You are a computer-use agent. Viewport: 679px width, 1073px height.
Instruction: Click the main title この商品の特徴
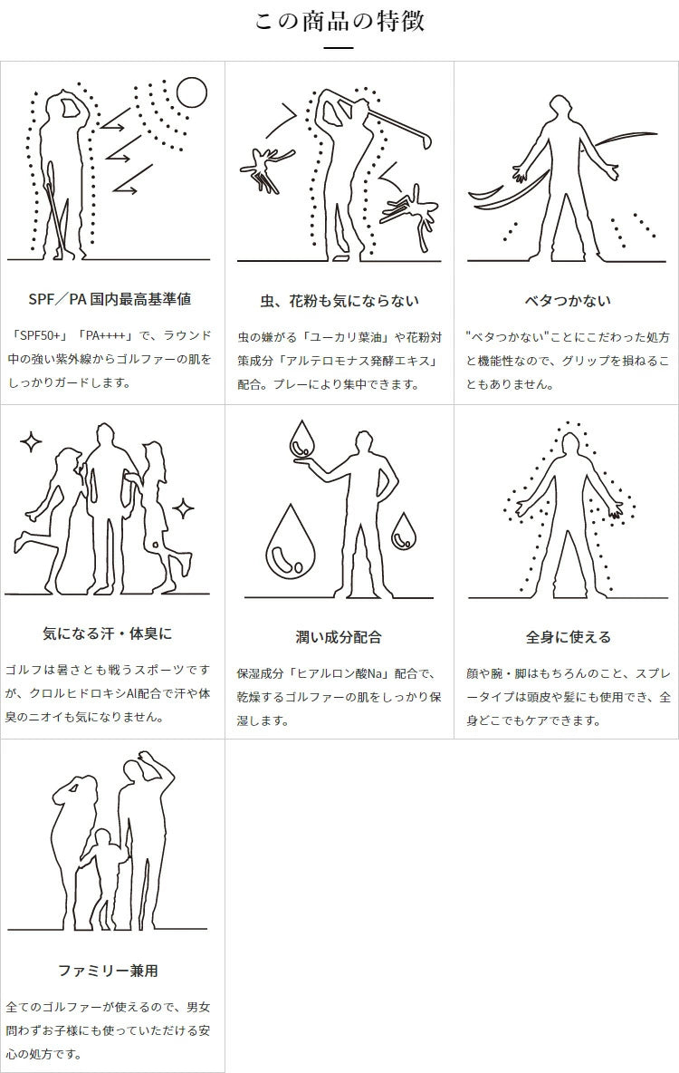pos(339,21)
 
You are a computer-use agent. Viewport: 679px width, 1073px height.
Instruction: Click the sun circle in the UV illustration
pos(191,93)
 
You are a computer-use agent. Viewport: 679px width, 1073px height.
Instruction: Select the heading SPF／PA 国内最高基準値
pos(110,299)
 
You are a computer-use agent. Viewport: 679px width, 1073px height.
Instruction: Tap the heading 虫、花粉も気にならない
pos(339,300)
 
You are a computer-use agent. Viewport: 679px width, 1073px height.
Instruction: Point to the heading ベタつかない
pos(568,300)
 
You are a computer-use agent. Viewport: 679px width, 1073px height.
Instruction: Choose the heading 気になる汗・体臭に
pos(108,633)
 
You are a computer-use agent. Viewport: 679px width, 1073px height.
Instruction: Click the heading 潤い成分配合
pos(339,637)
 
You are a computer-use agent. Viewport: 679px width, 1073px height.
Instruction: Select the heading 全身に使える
pos(568,637)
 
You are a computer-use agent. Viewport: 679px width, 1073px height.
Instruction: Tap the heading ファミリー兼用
pos(108,971)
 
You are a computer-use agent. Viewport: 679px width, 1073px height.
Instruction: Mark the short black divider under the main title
pos(339,48)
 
